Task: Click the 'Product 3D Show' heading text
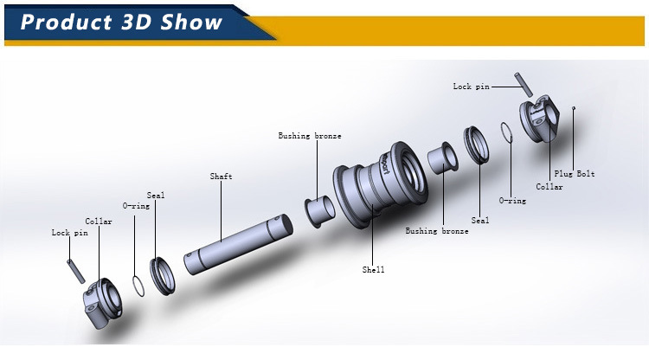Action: (121, 22)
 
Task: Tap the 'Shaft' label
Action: (221, 177)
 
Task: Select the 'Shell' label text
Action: (373, 270)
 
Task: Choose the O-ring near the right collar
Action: (508, 132)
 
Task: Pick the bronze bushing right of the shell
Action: (443, 158)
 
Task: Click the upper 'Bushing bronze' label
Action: (309, 136)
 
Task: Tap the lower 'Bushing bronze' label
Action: (437, 231)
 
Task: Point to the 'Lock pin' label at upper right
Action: (471, 87)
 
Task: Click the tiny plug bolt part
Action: (573, 107)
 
